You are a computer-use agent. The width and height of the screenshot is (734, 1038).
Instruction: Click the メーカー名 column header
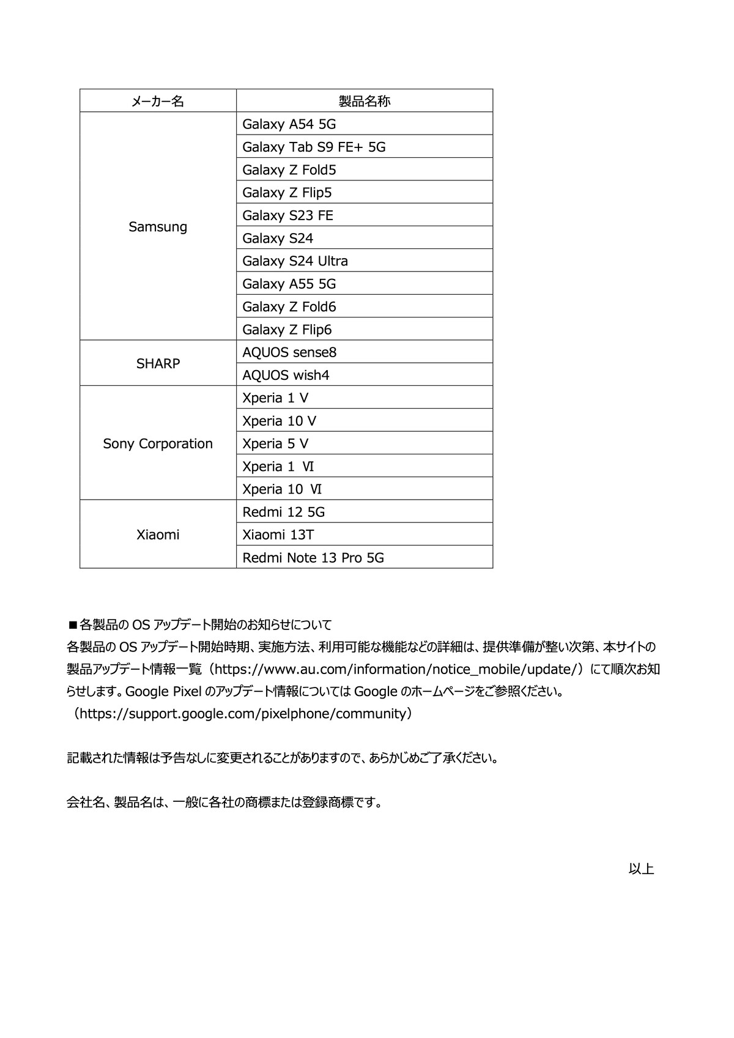tap(158, 101)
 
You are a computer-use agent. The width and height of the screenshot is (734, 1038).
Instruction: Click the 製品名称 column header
tap(365, 101)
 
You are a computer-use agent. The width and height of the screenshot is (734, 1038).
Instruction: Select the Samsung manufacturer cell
tap(158, 226)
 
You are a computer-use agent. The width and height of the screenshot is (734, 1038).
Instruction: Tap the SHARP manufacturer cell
tap(158, 363)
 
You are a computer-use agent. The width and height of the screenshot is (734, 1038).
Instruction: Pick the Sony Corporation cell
tap(158, 443)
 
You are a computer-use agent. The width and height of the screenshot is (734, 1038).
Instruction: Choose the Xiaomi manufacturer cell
tap(158, 535)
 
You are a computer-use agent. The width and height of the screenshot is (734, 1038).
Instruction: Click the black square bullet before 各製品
tap(72, 625)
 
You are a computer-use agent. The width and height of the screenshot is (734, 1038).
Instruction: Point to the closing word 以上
tap(641, 869)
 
